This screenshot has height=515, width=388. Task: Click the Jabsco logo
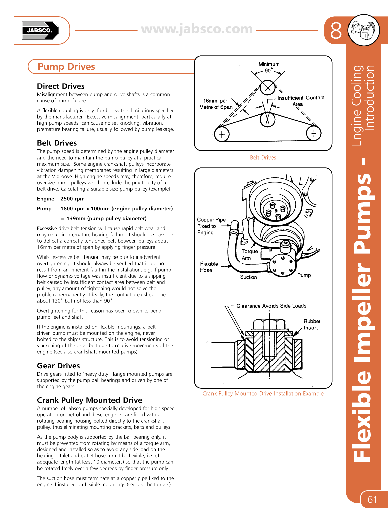coord(40,30)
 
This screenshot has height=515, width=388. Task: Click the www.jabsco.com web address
coord(197,29)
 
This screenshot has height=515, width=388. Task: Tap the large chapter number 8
coord(336,31)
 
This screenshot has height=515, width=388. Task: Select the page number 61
coord(372,499)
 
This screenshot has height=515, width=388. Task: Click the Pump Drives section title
coord(66,67)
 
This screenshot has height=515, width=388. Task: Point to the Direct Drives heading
coord(61,86)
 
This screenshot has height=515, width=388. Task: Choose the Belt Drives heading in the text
coord(57,143)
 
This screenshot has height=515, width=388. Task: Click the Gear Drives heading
coord(59,366)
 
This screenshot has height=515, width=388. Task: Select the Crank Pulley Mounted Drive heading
coord(89,400)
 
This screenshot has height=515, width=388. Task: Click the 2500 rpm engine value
coord(73,199)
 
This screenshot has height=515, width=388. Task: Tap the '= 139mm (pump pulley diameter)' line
coord(103,218)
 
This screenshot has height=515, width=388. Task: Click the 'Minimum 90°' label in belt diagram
coord(269,67)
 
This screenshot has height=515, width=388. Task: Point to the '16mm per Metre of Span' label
coord(216,104)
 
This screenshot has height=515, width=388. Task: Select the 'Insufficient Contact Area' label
coord(300,101)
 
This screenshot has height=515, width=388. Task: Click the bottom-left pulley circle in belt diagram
coord(222,134)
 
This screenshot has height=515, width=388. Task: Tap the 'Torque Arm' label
coord(249,254)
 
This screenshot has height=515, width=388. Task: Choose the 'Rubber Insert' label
coord(311,324)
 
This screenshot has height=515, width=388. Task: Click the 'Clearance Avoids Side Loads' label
coord(271,306)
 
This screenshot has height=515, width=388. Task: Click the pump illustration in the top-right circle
coord(364,30)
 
